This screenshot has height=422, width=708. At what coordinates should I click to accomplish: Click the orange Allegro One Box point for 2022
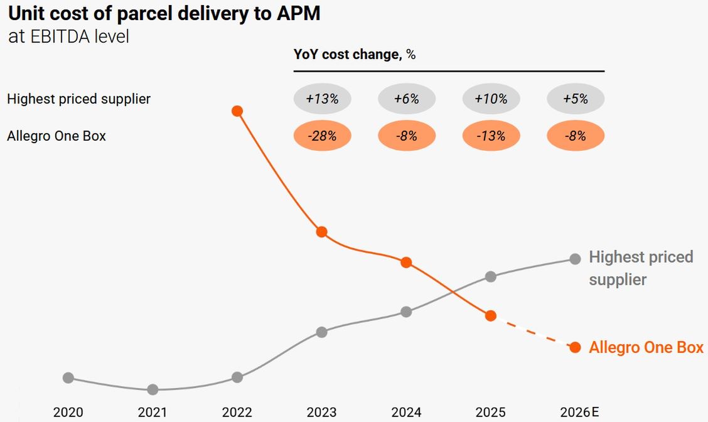pyautogui.click(x=237, y=111)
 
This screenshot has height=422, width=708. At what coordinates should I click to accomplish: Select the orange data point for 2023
pyautogui.click(x=321, y=232)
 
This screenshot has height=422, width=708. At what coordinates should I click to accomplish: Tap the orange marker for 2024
pyautogui.click(x=406, y=262)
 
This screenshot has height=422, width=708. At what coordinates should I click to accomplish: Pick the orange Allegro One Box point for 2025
pyautogui.click(x=491, y=315)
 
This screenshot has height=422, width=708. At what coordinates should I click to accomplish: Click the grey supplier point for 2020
pyautogui.click(x=68, y=377)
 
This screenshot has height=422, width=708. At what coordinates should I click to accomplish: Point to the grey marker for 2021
pyautogui.click(x=153, y=389)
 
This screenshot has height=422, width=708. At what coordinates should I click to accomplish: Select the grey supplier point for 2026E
pyautogui.click(x=575, y=259)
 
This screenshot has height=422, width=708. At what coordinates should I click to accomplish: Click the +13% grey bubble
pyautogui.click(x=323, y=99)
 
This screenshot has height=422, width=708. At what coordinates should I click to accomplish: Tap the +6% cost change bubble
pyautogui.click(x=407, y=99)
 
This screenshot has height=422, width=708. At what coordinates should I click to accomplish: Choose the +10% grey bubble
pyautogui.click(x=491, y=99)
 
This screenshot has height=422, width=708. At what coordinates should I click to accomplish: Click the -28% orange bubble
pyautogui.click(x=323, y=136)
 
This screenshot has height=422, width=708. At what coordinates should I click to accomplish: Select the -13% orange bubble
pyautogui.click(x=491, y=136)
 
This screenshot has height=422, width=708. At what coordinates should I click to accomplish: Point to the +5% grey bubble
pyautogui.click(x=576, y=99)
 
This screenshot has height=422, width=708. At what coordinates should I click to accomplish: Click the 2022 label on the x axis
pyautogui.click(x=237, y=413)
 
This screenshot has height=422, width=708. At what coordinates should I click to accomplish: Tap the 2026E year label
pyautogui.click(x=579, y=413)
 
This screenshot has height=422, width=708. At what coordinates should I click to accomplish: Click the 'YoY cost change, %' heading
pyautogui.click(x=355, y=55)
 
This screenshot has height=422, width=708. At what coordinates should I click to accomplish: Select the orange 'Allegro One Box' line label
pyautogui.click(x=646, y=348)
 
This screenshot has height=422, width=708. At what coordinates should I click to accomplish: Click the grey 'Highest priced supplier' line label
pyautogui.click(x=640, y=268)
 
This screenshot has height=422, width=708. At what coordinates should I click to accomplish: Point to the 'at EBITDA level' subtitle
pyautogui.click(x=68, y=36)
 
